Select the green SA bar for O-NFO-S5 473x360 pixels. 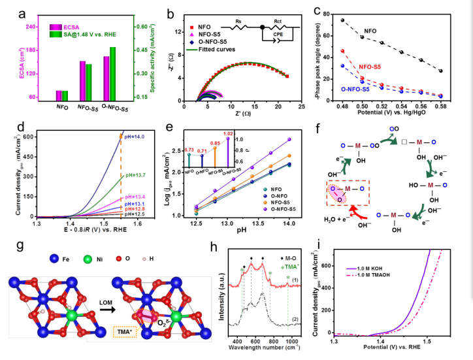click(x=112, y=76)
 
